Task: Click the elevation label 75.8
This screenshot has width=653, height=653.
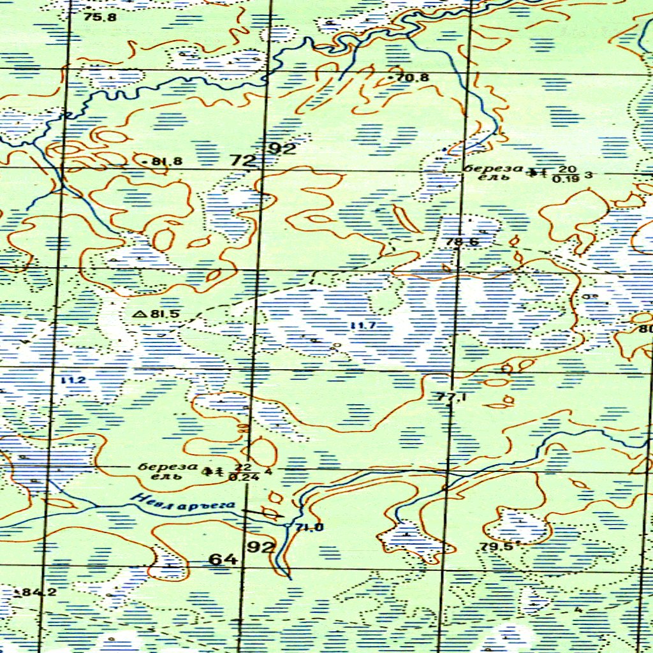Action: click(100, 17)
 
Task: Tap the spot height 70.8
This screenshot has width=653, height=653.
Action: click(413, 78)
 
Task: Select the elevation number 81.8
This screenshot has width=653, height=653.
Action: click(167, 161)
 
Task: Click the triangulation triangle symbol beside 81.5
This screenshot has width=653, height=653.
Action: click(140, 314)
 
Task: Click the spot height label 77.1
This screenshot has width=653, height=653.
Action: click(452, 397)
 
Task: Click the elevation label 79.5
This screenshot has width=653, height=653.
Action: click(497, 547)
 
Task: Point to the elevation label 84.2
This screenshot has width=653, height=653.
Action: click(39, 592)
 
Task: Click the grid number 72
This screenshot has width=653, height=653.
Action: click(242, 161)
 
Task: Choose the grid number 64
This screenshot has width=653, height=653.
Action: click(223, 559)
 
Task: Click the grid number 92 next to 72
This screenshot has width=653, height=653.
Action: click(282, 149)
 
